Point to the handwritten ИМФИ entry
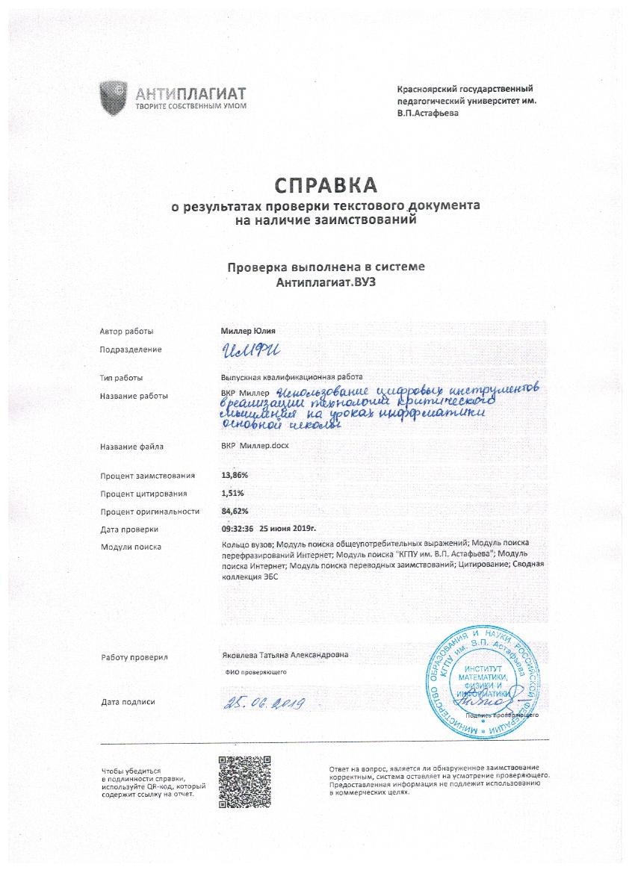pyautogui.click(x=247, y=349)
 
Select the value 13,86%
pyautogui.click(x=235, y=475)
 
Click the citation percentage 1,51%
pyautogui.click(x=232, y=493)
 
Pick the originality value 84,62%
pyautogui.click(x=235, y=512)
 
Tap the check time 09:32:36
pyautogui.click(x=234, y=529)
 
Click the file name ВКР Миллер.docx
pyautogui.click(x=255, y=447)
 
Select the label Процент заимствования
pyautogui.click(x=148, y=475)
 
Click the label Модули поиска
pyautogui.click(x=131, y=547)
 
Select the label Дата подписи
pyautogui.click(x=128, y=702)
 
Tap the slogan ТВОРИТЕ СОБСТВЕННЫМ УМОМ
pyautogui.click(x=190, y=106)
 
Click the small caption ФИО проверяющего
pyautogui.click(x=256, y=672)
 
